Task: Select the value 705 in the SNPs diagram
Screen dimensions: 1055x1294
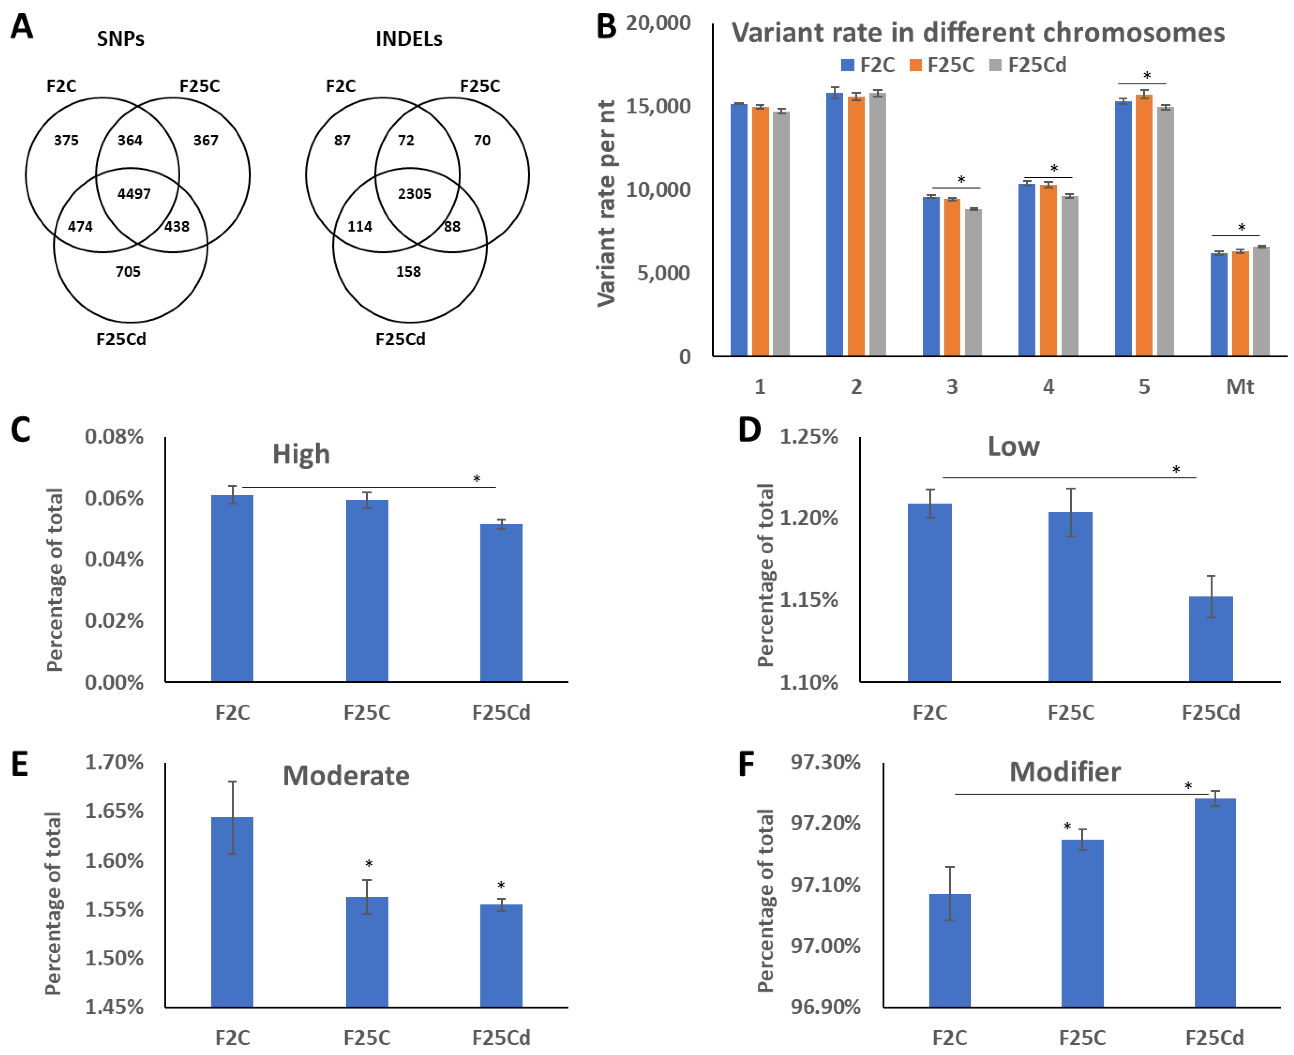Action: (x=128, y=272)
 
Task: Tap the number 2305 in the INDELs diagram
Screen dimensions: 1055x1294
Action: (x=414, y=194)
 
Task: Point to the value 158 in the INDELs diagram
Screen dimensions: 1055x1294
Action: (x=408, y=272)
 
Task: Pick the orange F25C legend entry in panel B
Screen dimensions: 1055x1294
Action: (x=942, y=65)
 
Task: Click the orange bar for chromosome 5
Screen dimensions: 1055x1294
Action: (x=1144, y=225)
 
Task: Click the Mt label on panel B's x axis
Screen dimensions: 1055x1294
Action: (x=1240, y=386)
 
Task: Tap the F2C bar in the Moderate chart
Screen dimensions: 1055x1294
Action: (x=232, y=912)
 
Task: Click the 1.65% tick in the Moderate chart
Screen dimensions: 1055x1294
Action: (x=114, y=811)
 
